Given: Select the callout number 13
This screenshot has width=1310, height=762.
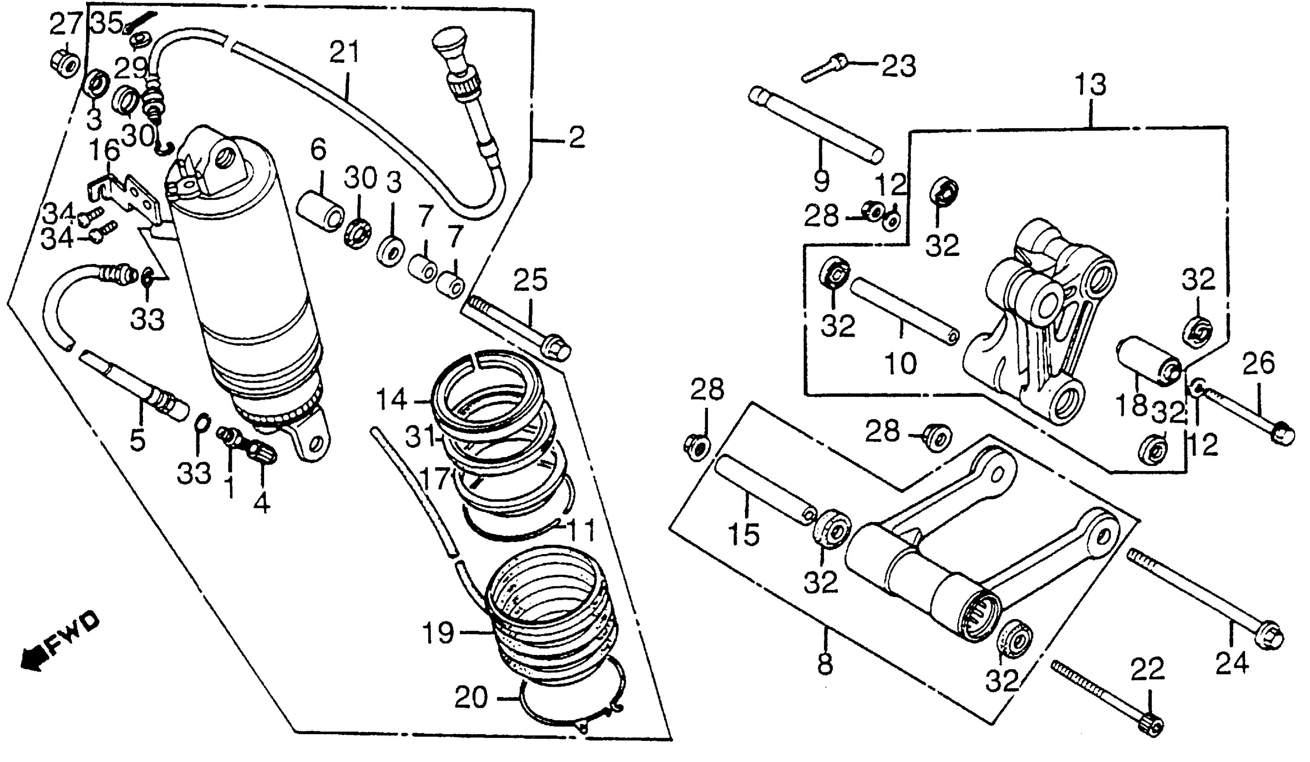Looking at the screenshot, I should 1090,84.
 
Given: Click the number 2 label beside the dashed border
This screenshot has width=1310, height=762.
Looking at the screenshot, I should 576,137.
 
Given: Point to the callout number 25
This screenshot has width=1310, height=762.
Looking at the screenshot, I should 531,280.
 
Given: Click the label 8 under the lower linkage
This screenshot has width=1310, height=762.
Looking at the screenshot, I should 825,664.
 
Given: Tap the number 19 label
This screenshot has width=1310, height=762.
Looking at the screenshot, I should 438,633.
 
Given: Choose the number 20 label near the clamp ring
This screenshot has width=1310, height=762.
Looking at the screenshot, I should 471,697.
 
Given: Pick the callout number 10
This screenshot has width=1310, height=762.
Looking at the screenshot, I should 900,362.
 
